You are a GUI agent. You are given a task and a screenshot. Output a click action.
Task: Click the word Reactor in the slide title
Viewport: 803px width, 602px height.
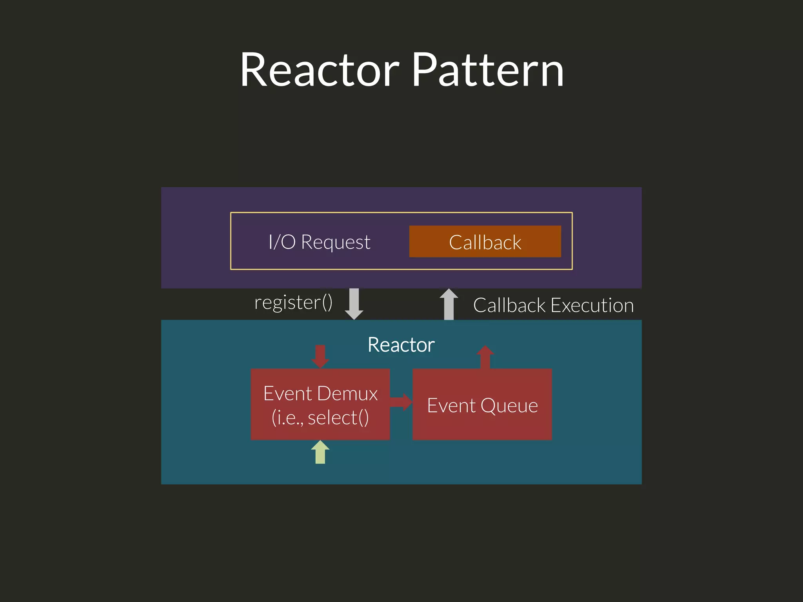(x=320, y=71)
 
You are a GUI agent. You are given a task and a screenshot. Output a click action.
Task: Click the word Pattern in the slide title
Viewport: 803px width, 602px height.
(x=488, y=71)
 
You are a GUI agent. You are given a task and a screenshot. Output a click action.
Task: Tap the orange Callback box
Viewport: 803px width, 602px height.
(x=485, y=242)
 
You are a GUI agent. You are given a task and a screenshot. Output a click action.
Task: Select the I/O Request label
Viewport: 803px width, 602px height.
(x=319, y=242)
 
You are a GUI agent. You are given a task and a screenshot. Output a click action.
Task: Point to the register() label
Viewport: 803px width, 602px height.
(x=293, y=303)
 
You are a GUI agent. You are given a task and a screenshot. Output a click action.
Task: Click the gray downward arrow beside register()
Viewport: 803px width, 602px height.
(x=354, y=303)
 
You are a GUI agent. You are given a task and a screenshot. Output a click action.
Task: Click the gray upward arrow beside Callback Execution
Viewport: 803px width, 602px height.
(x=449, y=304)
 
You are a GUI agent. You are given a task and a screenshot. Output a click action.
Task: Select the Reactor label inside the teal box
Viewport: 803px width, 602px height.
(x=401, y=345)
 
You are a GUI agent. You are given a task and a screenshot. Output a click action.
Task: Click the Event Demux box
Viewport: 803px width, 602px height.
(x=320, y=404)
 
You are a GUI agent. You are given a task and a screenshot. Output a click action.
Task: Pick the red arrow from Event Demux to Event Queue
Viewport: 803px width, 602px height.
(x=401, y=402)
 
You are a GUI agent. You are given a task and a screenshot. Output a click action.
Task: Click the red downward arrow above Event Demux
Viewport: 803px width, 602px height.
(x=320, y=356)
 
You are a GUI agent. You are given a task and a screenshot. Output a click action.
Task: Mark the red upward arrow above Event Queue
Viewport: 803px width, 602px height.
(x=485, y=356)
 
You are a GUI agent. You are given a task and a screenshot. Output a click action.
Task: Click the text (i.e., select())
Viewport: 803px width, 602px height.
(x=320, y=417)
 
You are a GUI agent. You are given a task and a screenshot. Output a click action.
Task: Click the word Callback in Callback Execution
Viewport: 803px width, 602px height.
(x=509, y=305)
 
